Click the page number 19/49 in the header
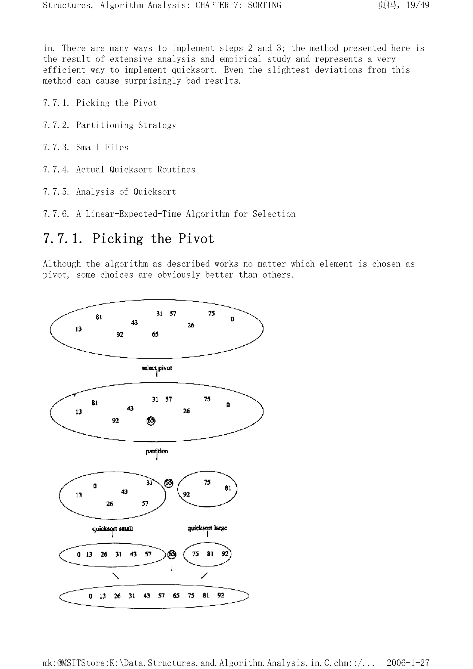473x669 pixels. click(418, 5)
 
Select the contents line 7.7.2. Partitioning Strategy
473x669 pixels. click(109, 125)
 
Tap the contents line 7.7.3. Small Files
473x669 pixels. click(86, 147)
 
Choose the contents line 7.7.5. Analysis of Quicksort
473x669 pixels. click(109, 192)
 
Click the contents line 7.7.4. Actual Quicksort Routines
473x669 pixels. click(119, 170)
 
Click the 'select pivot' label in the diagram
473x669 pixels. click(157, 368)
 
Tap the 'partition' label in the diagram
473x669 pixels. click(157, 451)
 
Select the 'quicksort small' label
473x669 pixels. click(112, 529)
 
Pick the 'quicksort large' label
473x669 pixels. click(207, 528)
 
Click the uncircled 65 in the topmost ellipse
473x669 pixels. click(155, 334)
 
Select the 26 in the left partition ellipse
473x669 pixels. click(109, 504)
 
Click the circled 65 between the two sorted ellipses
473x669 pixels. click(172, 554)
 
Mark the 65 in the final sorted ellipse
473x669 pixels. click(176, 596)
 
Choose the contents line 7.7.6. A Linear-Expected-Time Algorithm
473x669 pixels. click(169, 214)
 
